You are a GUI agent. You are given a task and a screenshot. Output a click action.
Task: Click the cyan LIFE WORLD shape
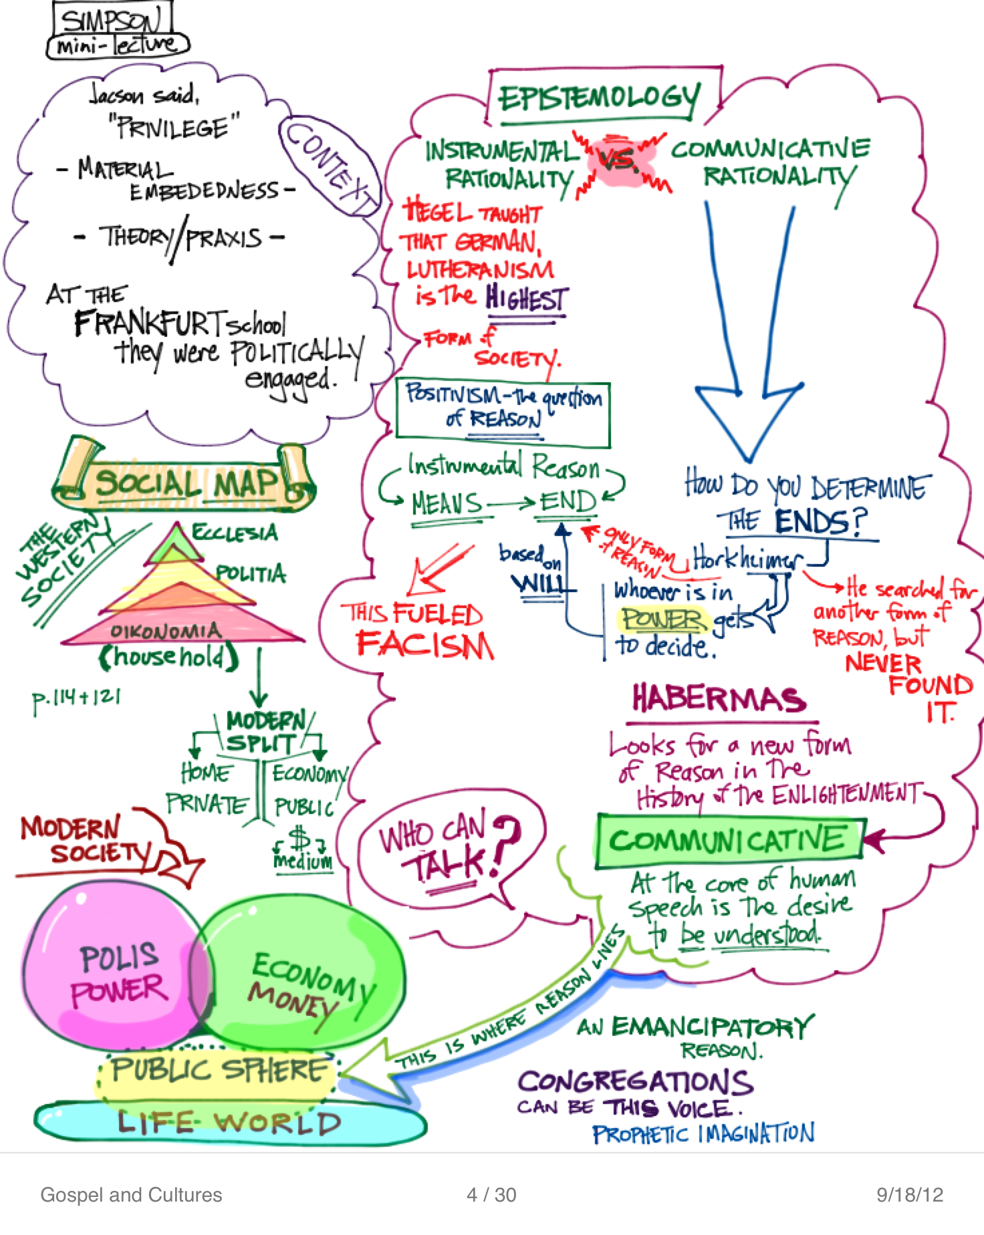click(227, 1123)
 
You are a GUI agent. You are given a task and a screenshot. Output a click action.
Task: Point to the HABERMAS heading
click(719, 699)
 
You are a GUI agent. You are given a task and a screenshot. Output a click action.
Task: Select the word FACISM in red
click(425, 645)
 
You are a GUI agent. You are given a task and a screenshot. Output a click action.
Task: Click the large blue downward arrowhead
click(748, 414)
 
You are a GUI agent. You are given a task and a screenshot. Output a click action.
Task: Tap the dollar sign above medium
click(300, 837)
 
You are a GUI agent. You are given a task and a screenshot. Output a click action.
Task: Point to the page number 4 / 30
click(491, 1195)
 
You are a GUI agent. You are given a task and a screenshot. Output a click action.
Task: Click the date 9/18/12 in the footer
click(910, 1195)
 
